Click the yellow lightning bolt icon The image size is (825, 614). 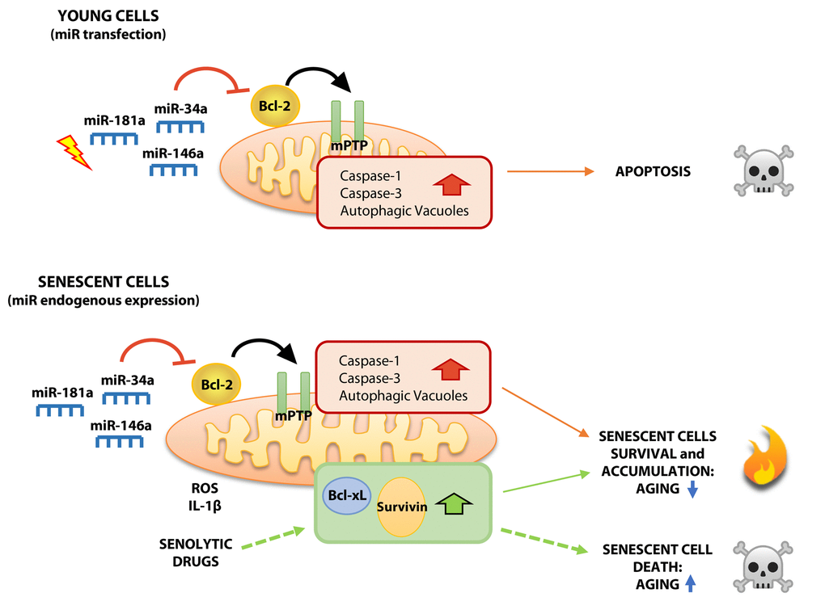74,153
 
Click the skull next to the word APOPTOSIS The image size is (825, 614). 763,170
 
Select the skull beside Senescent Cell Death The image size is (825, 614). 763,565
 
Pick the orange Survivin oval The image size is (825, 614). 401,507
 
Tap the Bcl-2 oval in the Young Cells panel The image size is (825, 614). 275,105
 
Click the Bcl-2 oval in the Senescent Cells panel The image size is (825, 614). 216,385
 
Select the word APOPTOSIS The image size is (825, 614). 653,171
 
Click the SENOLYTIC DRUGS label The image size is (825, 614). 195,553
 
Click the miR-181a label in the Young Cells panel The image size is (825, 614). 114,121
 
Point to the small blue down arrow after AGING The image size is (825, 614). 692,488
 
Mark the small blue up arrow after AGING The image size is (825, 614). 691,583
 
